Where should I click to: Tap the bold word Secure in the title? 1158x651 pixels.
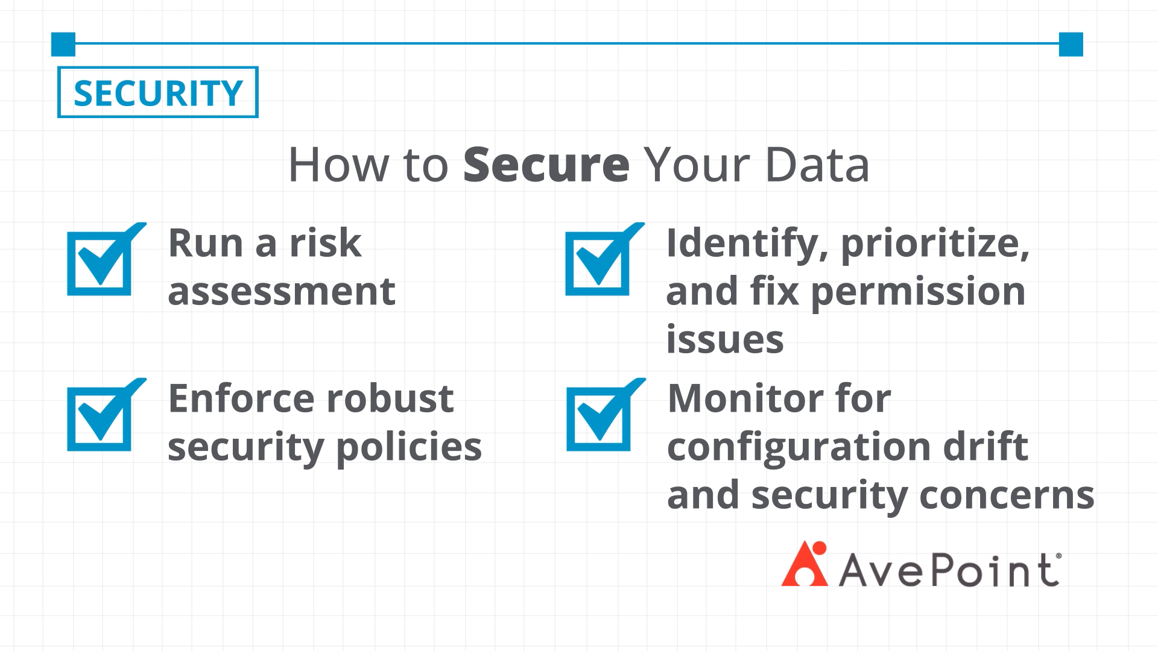coord(546,164)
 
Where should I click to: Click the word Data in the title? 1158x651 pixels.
coord(817,164)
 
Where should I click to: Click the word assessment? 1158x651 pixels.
coord(282,292)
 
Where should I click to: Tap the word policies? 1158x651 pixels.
coord(409,448)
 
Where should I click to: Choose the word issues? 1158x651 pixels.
coord(725,339)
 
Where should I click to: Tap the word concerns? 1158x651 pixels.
coord(1007,495)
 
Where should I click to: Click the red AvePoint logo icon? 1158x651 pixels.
coord(805,564)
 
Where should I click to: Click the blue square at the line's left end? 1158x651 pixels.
coord(63,44)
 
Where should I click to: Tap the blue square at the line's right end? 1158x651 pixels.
coord(1071,44)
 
